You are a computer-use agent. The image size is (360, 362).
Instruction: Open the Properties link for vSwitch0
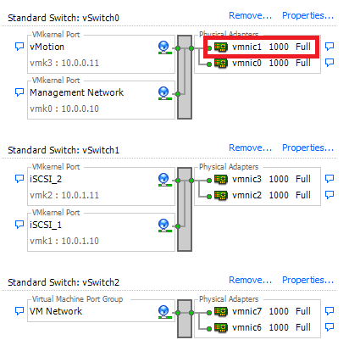pyautogui.click(x=307, y=15)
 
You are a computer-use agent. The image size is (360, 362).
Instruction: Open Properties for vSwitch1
pyautogui.click(x=307, y=148)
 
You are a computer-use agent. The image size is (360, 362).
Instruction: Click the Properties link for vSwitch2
pyautogui.click(x=307, y=281)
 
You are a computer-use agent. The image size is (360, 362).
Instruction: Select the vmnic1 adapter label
pyautogui.click(x=246, y=47)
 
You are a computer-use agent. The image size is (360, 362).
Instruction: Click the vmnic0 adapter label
pyautogui.click(x=246, y=63)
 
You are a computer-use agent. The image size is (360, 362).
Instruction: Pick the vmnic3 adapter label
pyautogui.click(x=246, y=179)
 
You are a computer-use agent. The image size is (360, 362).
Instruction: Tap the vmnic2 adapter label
pyautogui.click(x=246, y=195)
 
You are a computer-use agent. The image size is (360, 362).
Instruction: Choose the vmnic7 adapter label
pyautogui.click(x=246, y=311)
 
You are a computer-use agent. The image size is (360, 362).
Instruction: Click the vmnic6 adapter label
pyautogui.click(x=246, y=327)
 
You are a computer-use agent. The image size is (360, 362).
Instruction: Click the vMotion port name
pyautogui.click(x=47, y=47)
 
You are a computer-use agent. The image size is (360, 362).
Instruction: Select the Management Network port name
pyautogui.click(x=76, y=92)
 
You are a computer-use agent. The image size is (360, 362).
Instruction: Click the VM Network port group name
pyautogui.click(x=56, y=312)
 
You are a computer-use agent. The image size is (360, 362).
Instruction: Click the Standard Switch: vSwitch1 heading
pyautogui.click(x=64, y=149)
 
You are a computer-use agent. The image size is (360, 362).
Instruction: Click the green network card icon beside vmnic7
pyautogui.click(x=221, y=312)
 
